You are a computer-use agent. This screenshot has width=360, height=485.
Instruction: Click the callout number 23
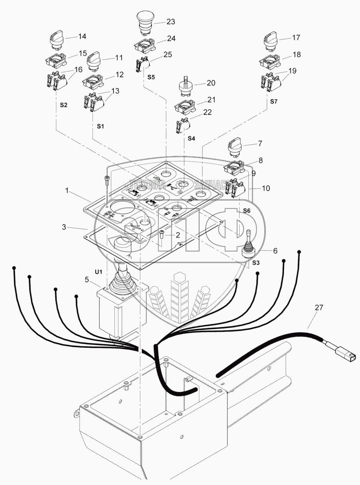(x=171, y=22)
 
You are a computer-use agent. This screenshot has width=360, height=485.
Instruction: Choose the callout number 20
(x=210, y=83)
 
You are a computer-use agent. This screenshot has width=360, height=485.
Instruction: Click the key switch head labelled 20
(x=186, y=87)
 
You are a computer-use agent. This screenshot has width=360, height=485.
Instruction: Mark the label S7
(x=273, y=102)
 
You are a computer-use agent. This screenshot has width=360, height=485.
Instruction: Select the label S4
(x=192, y=138)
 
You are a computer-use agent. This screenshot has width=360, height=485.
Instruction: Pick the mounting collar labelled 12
(x=92, y=82)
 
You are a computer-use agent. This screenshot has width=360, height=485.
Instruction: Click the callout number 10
(x=266, y=188)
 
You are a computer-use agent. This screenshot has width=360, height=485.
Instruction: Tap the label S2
(x=64, y=105)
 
